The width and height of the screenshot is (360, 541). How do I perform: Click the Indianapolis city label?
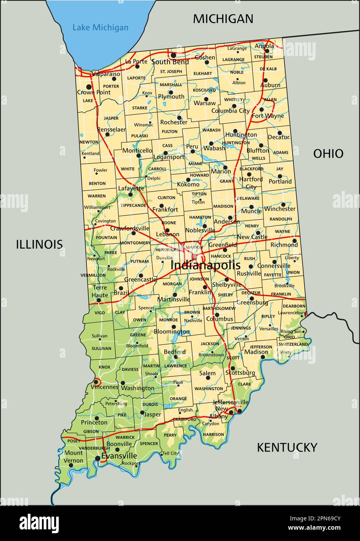205,265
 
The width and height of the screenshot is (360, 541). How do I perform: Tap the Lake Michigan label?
100,27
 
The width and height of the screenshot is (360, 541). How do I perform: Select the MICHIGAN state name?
223,19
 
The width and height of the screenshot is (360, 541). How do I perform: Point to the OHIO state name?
328,153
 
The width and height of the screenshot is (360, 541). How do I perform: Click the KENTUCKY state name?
287,447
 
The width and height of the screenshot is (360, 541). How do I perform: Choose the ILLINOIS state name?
39,244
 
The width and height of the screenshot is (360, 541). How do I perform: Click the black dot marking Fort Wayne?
262,109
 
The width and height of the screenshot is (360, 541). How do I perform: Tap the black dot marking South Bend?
173,55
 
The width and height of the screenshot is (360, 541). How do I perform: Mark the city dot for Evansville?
97,458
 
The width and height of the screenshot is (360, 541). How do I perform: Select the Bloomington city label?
172,332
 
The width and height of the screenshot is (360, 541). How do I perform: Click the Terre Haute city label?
100,292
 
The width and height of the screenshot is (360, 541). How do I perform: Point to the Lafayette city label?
131,188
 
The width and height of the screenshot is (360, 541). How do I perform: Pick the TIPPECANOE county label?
133,205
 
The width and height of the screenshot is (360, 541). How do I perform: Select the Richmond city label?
284,245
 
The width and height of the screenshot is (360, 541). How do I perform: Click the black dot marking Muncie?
251,207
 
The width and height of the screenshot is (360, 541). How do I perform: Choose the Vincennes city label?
104,387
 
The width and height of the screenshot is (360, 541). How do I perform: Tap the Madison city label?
256,352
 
